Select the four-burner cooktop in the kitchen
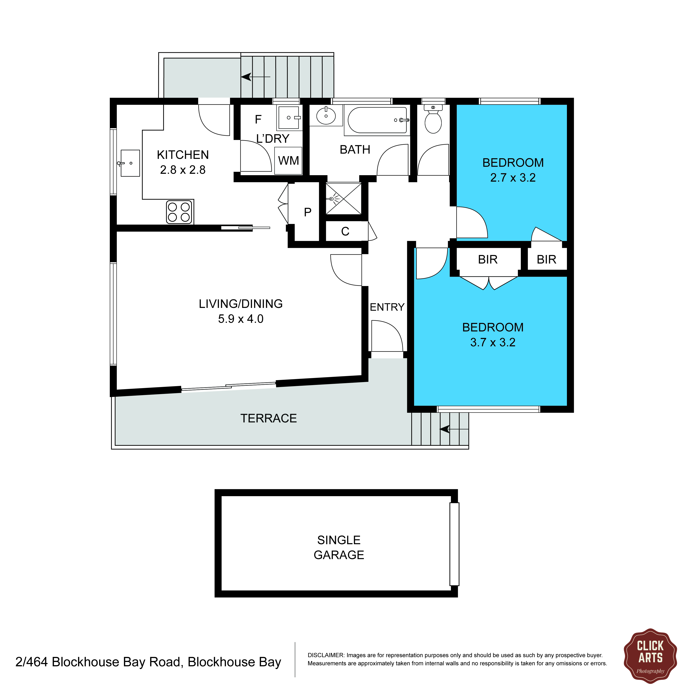tap(179, 212)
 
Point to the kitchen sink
tap(130, 163)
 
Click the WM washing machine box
tap(288, 161)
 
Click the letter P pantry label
tap(307, 212)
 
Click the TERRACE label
tap(268, 418)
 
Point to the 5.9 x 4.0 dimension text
tap(241, 319)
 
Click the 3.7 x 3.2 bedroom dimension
tap(493, 343)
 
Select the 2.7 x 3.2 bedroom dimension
tap(513, 178)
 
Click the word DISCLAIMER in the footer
tap(326, 655)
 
